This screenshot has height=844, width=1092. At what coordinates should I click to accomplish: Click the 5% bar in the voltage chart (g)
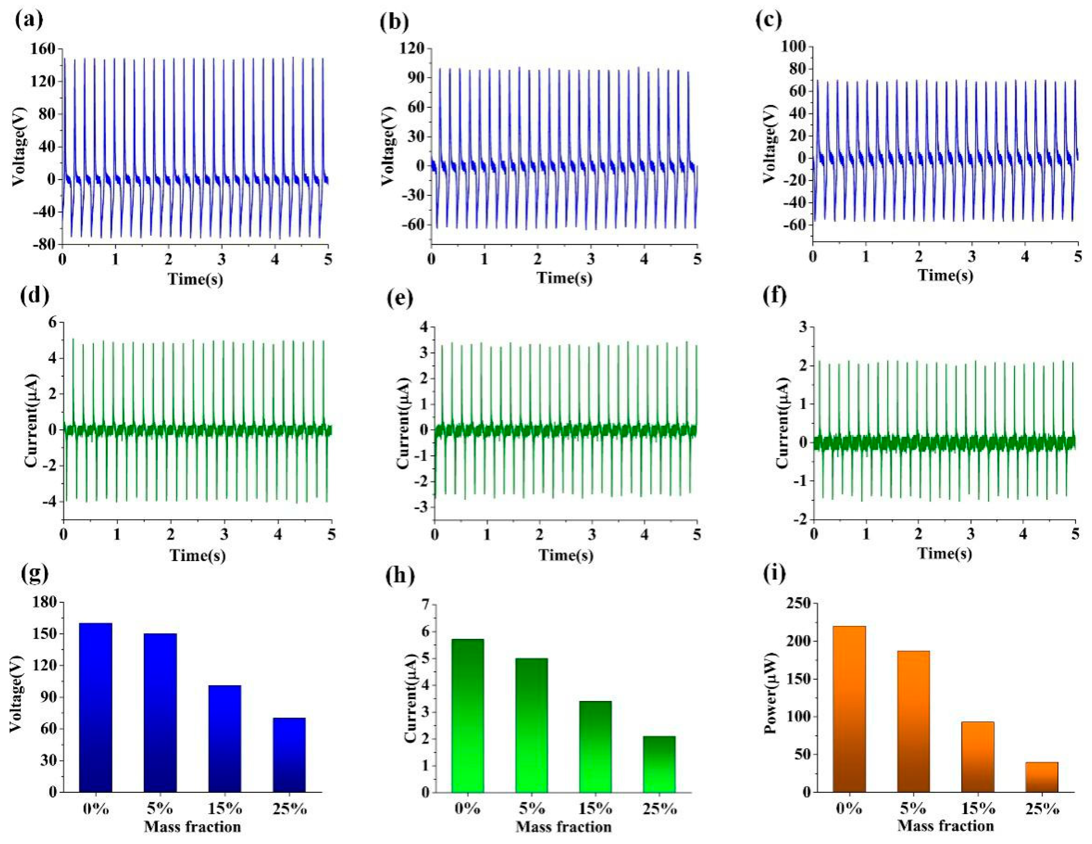click(160, 713)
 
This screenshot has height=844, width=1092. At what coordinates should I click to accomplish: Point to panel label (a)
click(29, 20)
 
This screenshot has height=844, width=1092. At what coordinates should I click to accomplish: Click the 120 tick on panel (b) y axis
click(412, 49)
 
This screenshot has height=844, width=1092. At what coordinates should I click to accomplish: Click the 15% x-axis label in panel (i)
click(978, 809)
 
